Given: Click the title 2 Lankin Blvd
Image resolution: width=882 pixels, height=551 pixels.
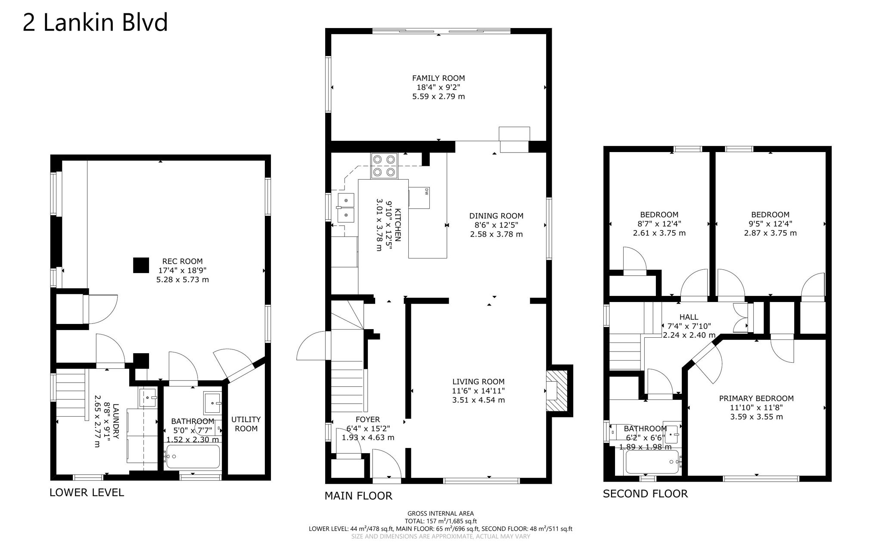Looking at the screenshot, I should tap(95, 23).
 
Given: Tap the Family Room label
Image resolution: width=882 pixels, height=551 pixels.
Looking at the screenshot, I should tap(438, 78).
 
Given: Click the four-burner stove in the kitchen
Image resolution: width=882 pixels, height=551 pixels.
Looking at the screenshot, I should tap(384, 166).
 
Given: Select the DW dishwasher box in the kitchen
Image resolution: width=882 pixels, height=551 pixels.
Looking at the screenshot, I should tap(419, 198).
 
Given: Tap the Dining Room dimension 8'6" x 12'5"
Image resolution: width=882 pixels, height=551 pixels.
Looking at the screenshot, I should tap(496, 225).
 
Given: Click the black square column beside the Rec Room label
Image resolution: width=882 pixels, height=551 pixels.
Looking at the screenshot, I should tap(141, 265).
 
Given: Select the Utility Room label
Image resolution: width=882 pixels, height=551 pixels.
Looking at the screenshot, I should tap(246, 424).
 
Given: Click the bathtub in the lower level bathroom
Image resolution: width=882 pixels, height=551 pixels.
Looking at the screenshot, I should tap(193, 457).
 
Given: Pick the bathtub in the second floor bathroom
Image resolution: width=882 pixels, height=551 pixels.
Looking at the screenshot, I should tap(652, 462).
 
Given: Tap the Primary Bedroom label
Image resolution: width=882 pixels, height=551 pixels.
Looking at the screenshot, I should tap(756, 398).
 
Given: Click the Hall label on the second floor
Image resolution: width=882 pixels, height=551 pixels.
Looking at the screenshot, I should tap(689, 317).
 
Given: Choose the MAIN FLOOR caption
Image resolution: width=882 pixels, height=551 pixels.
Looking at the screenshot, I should tap(358, 496).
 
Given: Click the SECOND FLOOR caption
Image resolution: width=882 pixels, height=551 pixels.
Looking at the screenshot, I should tap(645, 494).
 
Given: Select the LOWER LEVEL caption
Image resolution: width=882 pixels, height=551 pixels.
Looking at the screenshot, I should tap(87, 492).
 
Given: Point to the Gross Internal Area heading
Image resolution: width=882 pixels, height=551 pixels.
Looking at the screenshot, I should tap(440, 514).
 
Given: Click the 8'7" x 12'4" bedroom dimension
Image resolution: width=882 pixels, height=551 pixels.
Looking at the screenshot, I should tap(659, 224).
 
